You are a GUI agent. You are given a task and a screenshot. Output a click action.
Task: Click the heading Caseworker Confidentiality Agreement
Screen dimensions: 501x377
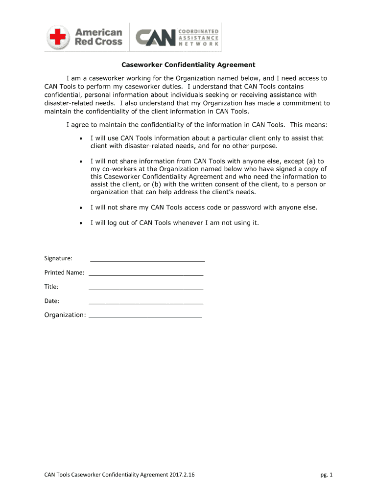[188, 65]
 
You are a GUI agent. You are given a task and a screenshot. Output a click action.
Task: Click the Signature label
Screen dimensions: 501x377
[58, 258]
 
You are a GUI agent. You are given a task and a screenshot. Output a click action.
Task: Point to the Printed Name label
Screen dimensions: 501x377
[64, 273]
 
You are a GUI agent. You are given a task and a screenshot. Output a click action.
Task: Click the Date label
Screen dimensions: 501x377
[51, 301]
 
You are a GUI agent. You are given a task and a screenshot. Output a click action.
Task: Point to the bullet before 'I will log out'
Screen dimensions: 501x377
[81, 223]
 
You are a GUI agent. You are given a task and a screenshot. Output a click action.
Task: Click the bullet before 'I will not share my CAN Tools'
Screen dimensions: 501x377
[81, 207]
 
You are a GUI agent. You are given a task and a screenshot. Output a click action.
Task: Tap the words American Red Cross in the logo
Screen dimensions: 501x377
[98, 37]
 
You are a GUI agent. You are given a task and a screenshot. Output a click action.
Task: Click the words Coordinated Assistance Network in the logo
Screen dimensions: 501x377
[198, 37]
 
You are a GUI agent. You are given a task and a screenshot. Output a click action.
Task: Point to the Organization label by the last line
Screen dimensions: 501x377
[65, 315]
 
